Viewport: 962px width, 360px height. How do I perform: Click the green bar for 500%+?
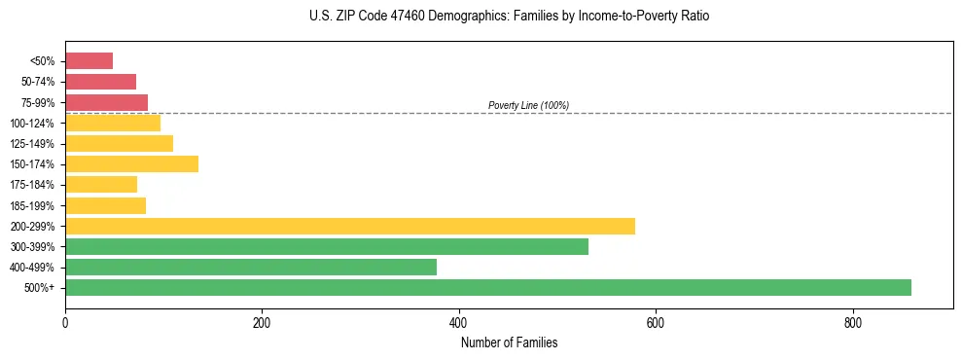(487, 287)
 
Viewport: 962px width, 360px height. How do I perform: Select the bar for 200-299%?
(349, 226)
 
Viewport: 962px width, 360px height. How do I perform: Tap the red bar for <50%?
(89, 61)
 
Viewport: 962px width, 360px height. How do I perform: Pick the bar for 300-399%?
(326, 246)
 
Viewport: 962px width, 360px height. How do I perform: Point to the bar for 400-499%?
(250, 267)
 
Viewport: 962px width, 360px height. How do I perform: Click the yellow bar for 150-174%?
(131, 163)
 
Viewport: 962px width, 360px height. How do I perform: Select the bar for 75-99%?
(106, 102)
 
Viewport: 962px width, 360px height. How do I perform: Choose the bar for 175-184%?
(100, 184)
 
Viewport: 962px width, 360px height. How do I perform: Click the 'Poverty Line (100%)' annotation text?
(528, 105)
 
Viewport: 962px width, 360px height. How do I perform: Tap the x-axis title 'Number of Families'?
(509, 342)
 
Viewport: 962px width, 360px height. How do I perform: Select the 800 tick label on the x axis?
(852, 323)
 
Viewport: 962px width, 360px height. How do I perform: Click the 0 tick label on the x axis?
(65, 323)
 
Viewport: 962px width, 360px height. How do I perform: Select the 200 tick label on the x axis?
(262, 323)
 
